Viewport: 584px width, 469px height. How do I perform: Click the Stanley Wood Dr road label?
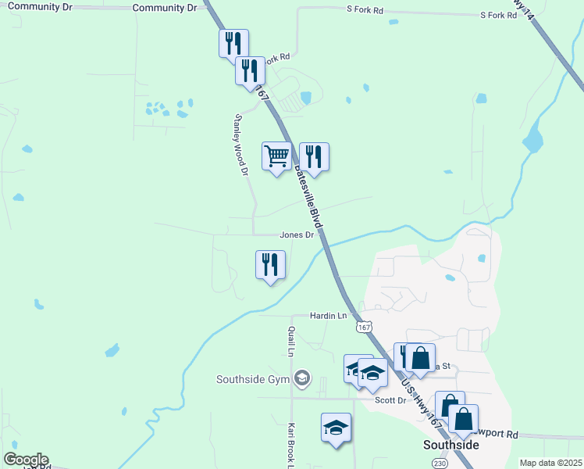[240, 144]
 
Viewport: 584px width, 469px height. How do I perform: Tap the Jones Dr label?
[297, 234]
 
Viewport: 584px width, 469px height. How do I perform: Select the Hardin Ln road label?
[328, 316]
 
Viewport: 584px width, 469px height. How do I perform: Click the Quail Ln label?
[290, 341]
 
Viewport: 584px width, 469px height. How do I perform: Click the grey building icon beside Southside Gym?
[302, 380]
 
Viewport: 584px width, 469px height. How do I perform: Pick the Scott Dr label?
[390, 400]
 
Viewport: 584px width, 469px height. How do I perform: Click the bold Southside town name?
[450, 444]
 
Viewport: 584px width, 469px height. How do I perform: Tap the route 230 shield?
[440, 464]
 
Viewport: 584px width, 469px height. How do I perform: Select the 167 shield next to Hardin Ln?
[363, 327]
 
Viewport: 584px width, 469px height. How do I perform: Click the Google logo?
[26, 460]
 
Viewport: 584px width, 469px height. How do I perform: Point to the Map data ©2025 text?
[550, 463]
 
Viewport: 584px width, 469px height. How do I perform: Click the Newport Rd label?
[497, 433]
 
